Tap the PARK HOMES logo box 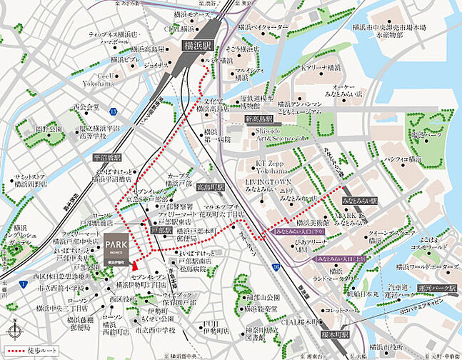[x=116, y=250]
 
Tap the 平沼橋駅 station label [x=107, y=156]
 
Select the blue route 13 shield [x=113, y=111]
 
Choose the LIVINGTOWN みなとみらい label [x=269, y=188]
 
